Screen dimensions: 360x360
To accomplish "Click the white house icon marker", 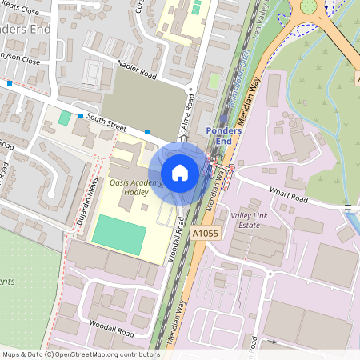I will pos(180,172).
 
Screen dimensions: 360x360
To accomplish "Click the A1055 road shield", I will pos(205,232).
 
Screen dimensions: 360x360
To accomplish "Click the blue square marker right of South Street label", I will pos(148,131).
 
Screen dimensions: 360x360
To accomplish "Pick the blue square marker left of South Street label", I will pos(81,116).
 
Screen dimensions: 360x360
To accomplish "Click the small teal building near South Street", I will pos(64,118).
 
